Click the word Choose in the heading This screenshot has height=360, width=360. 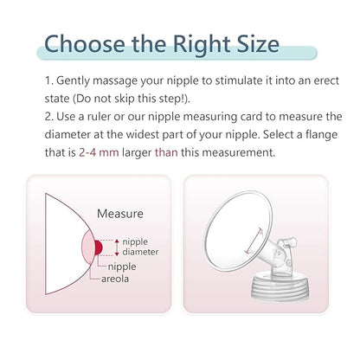pyautogui.click(x=84, y=44)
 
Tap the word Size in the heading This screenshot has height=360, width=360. pyautogui.click(x=258, y=44)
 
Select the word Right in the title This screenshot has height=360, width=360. pyautogui.click(x=201, y=46)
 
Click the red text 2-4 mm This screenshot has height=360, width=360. pyautogui.click(x=99, y=152)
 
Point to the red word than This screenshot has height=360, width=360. pyautogui.click(x=166, y=152)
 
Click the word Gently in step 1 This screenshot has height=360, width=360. pyautogui.click(x=73, y=81)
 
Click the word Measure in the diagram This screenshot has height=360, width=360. pyautogui.click(x=120, y=214)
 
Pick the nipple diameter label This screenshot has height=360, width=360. pyautogui.click(x=140, y=247)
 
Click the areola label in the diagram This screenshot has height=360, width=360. pyautogui.click(x=115, y=279)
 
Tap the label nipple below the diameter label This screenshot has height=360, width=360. pyautogui.click(x=122, y=267)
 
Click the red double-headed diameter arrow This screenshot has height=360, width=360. pyautogui.click(x=117, y=247)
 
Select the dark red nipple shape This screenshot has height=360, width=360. pyautogui.click(x=99, y=247)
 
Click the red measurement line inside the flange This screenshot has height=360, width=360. pyautogui.click(x=254, y=241)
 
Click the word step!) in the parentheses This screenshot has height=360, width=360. pyautogui.click(x=175, y=99)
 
